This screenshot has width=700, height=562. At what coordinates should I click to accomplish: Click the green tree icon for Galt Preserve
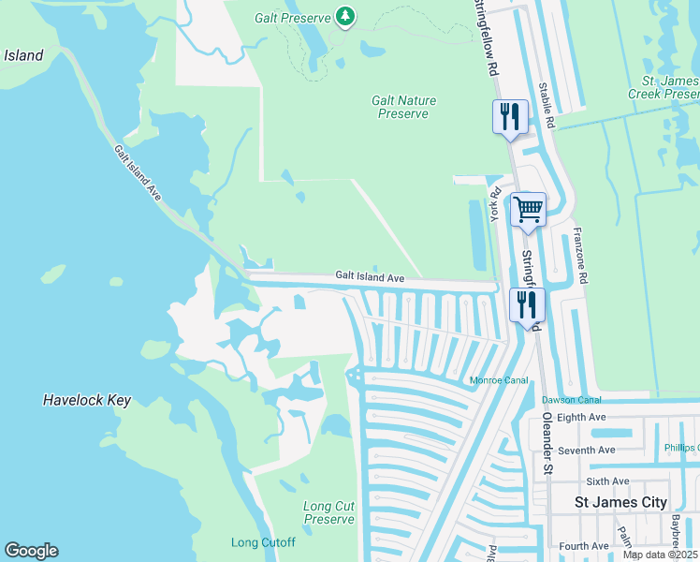(x=346, y=16)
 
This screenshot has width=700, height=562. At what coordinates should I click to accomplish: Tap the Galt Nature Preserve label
(x=403, y=107)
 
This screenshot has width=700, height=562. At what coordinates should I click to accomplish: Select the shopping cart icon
(x=528, y=210)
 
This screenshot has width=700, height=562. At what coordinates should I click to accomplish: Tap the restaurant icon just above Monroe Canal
(x=526, y=304)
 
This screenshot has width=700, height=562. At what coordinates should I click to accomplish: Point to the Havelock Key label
(x=86, y=400)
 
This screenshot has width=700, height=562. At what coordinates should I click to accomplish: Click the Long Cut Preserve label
(x=328, y=512)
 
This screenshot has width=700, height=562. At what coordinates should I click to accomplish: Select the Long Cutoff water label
(x=263, y=543)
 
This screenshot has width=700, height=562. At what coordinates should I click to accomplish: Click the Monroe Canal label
(x=499, y=380)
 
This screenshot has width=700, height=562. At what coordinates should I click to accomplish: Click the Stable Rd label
(x=546, y=105)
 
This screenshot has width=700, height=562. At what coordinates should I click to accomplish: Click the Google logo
(x=31, y=551)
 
